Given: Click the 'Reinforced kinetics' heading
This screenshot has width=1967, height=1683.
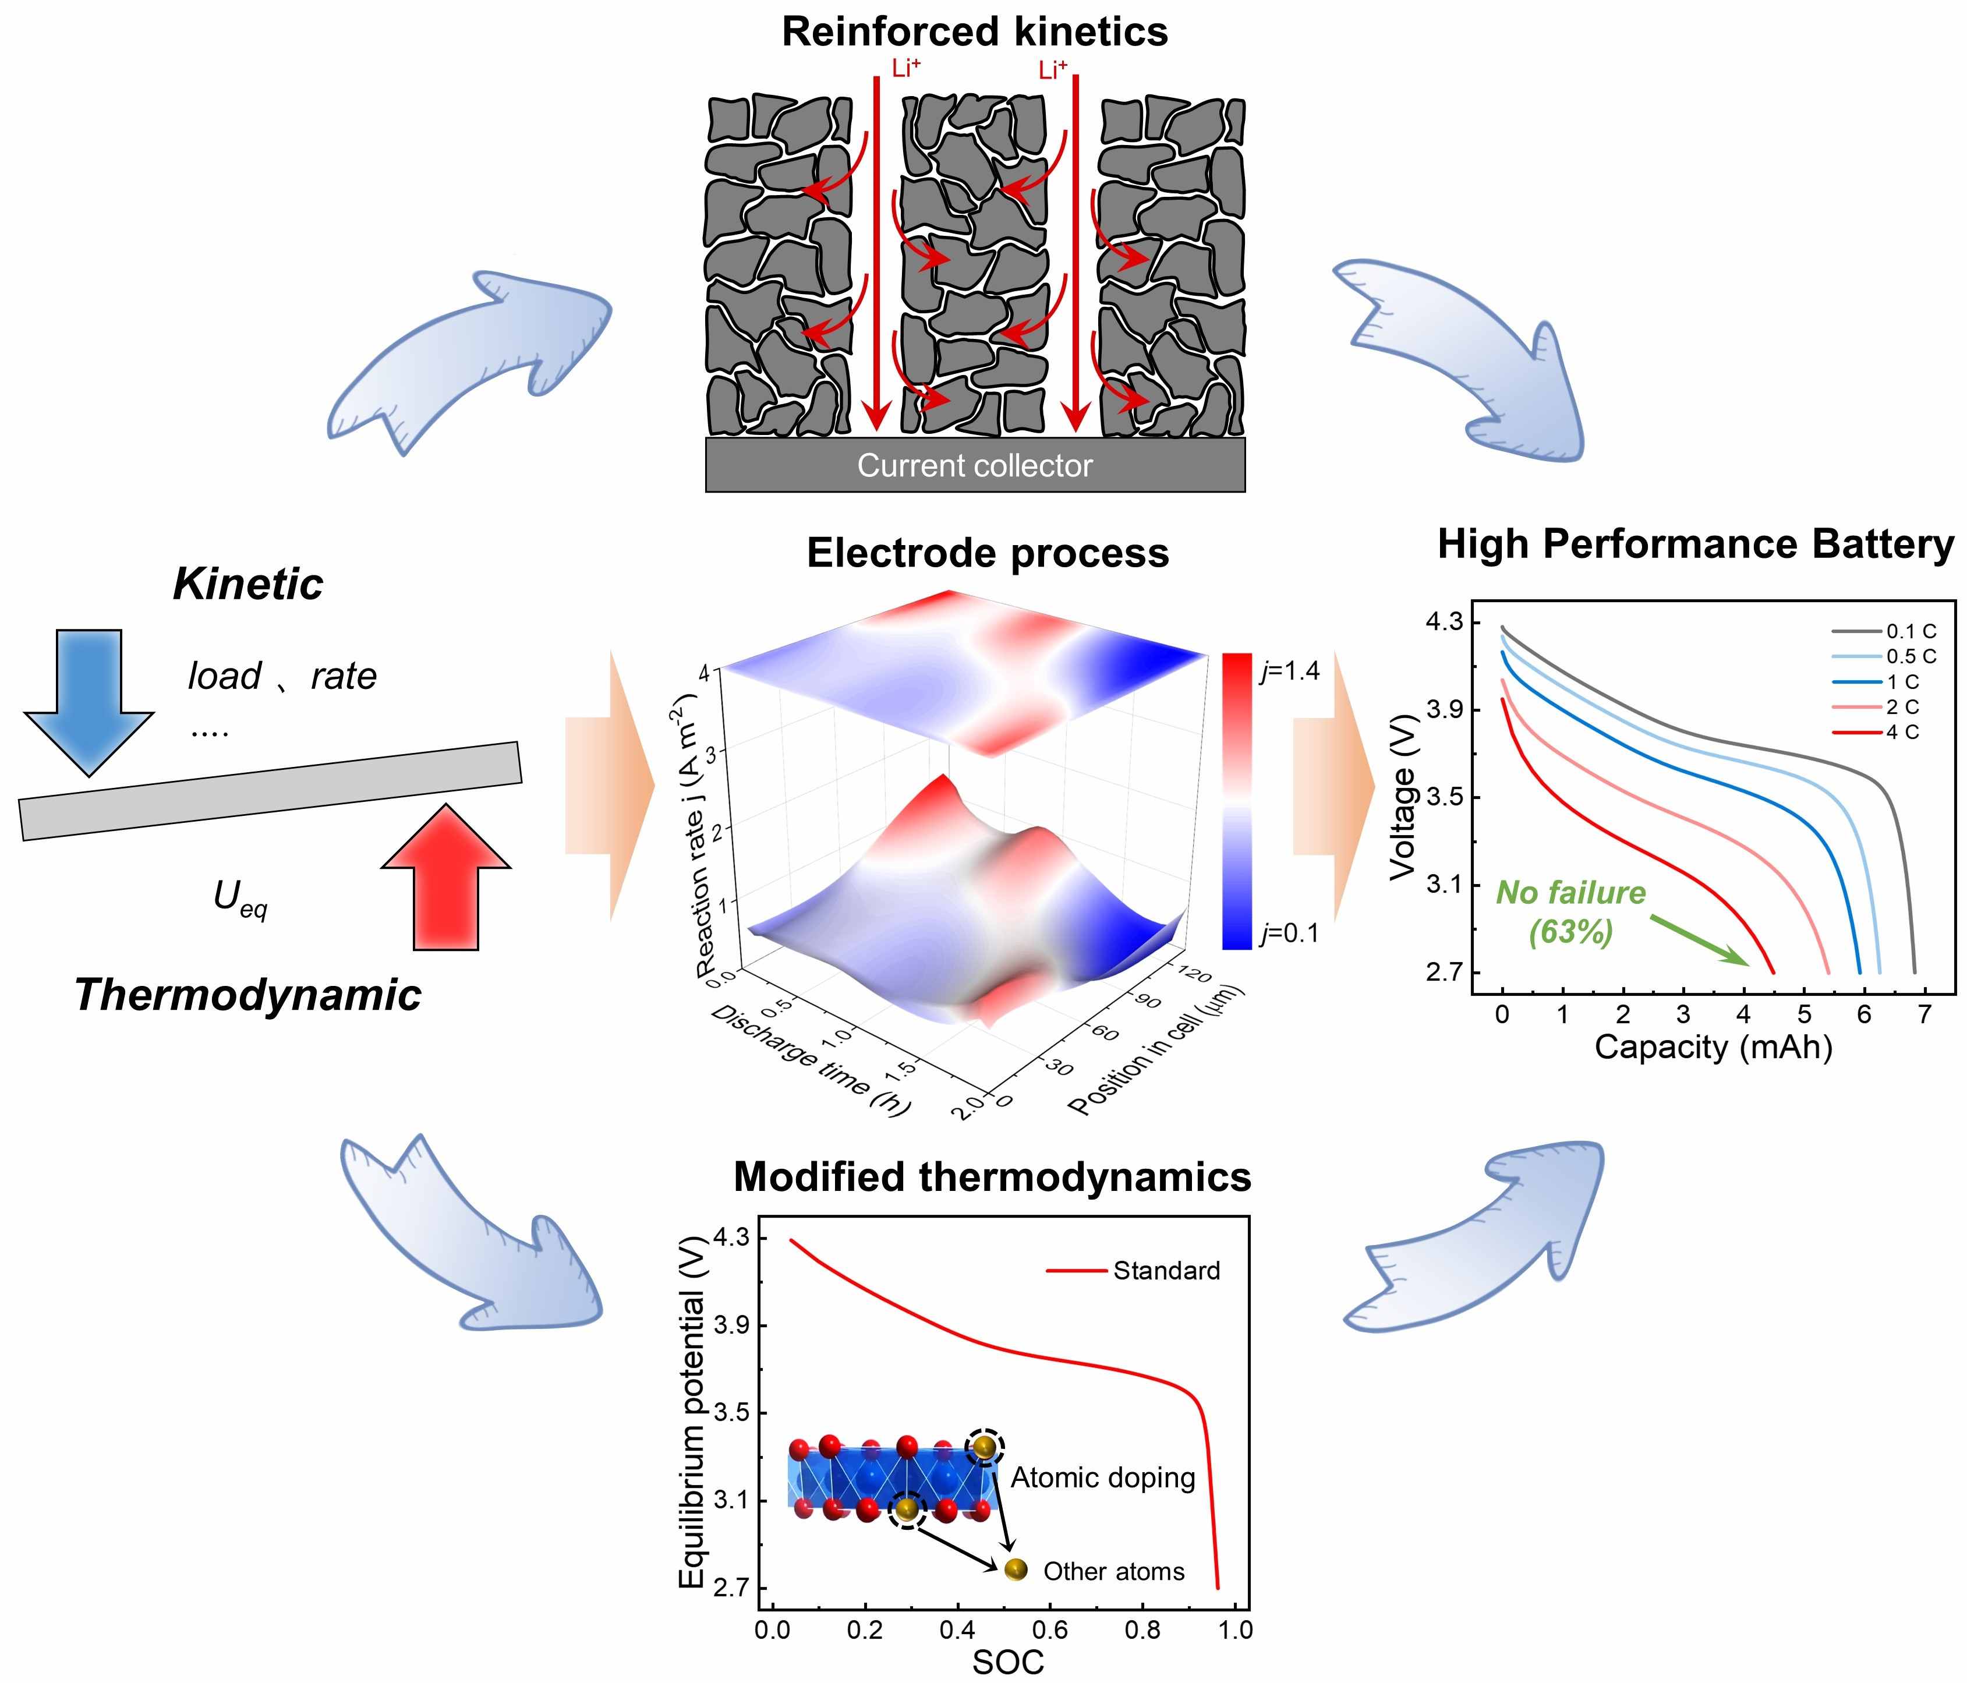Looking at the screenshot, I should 974,31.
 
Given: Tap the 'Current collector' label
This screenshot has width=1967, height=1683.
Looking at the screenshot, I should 974,465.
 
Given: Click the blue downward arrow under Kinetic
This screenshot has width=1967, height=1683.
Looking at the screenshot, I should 89,698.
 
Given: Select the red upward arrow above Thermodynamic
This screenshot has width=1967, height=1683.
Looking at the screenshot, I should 446,878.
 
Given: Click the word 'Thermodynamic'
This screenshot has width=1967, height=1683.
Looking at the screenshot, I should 247,995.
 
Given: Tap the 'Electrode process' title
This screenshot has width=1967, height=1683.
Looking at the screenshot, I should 988,553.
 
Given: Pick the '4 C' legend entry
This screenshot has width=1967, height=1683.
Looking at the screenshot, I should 1902,732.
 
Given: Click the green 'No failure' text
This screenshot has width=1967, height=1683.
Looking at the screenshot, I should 1571,892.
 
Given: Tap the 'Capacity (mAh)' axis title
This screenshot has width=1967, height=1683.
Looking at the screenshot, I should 1714,1047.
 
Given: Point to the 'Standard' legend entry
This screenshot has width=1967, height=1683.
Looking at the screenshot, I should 1166,1270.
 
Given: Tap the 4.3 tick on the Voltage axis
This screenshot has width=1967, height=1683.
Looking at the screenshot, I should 1445,622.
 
